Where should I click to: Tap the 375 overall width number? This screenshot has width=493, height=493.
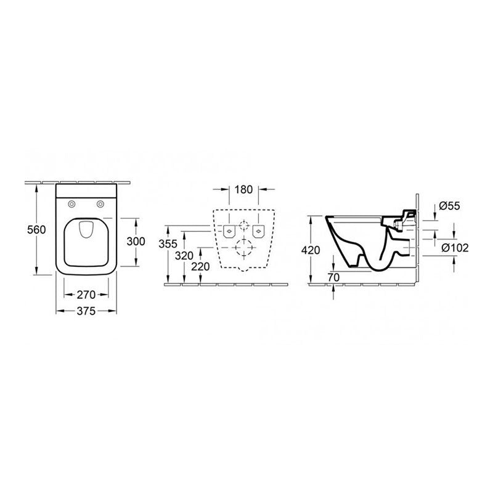tap(86, 312)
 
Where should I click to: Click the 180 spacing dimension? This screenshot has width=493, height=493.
tap(244, 190)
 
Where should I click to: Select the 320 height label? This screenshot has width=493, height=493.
tap(185, 255)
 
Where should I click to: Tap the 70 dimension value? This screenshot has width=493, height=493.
tap(334, 277)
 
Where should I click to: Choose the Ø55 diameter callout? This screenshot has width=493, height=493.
tap(452, 206)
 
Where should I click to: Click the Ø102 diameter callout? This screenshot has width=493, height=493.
tap(457, 248)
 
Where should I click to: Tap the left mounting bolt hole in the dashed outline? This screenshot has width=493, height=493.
tap(227, 232)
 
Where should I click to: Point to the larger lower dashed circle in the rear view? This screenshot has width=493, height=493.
tap(243, 249)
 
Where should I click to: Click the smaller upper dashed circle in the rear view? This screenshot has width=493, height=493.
tap(243, 224)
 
